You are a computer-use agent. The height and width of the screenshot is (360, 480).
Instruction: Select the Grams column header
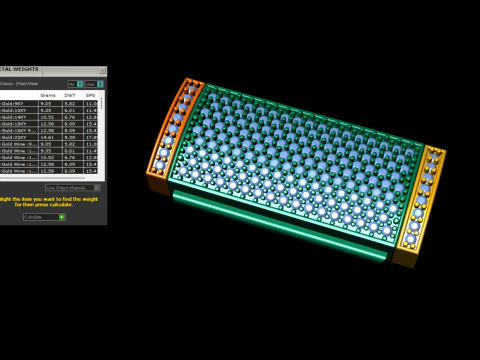[x=47, y=95]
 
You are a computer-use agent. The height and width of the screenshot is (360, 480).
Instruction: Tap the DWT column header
[x=70, y=95]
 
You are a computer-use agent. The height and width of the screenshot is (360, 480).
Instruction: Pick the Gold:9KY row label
[x=13, y=103]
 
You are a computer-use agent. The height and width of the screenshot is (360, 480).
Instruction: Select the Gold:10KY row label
[x=13, y=110]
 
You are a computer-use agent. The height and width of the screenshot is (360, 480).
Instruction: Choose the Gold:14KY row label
[x=13, y=117]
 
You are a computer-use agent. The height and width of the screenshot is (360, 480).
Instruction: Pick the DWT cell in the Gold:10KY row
[x=70, y=110]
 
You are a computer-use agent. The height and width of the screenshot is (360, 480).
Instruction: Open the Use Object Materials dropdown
[x=71, y=187]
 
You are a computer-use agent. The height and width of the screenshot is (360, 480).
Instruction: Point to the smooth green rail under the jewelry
[x=280, y=224]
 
